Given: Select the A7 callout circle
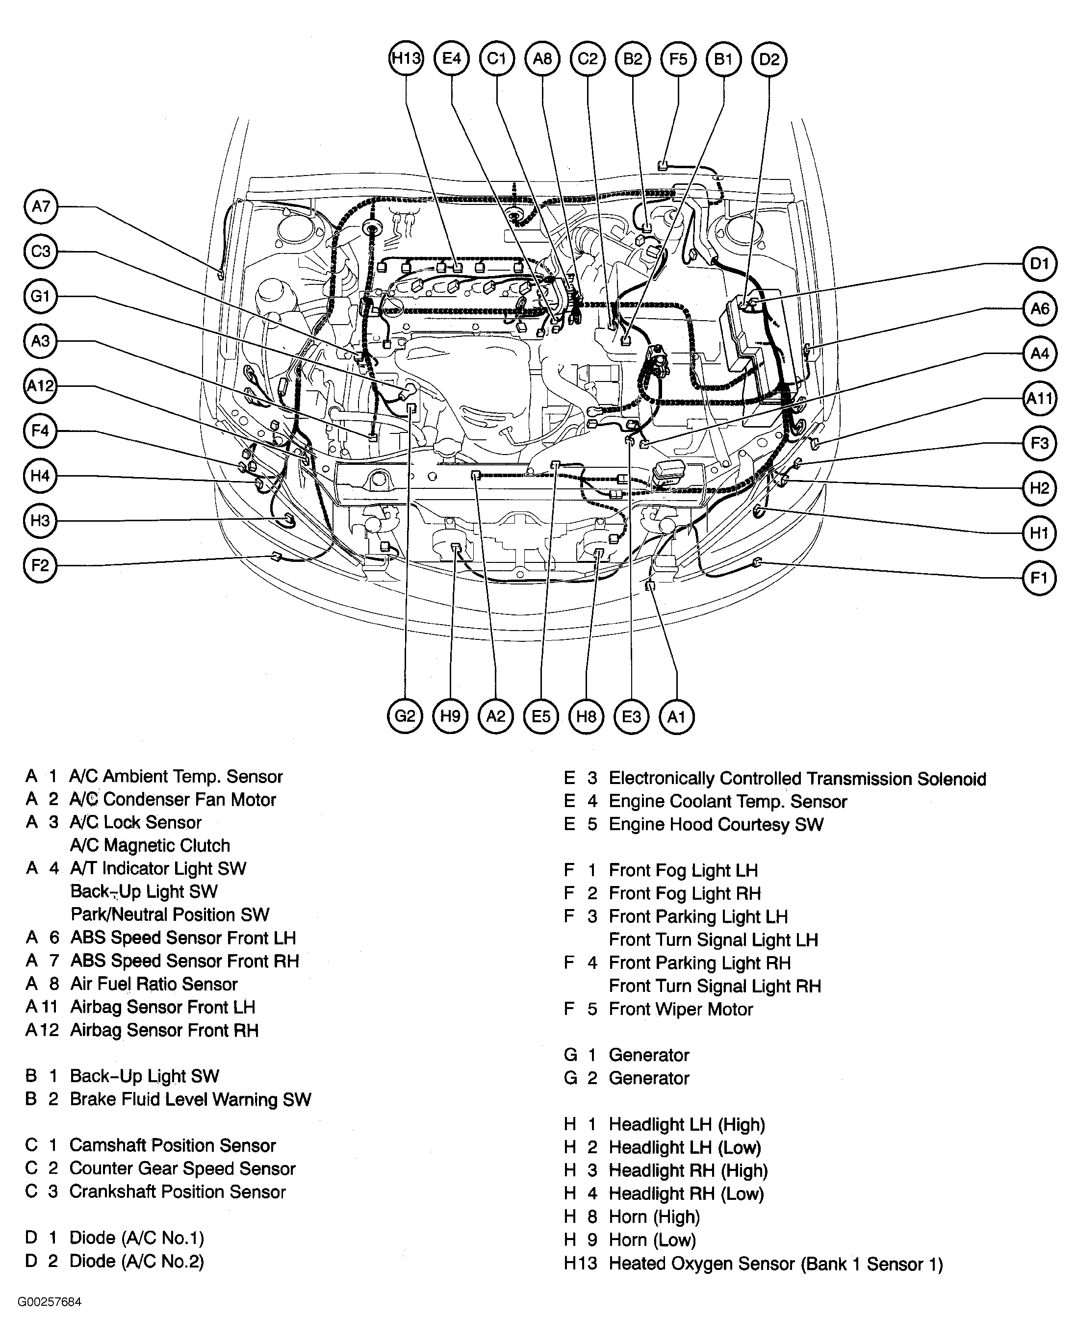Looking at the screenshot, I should pyautogui.click(x=41, y=206).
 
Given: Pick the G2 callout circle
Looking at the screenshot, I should pyautogui.click(x=405, y=716).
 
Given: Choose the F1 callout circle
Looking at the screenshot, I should pyautogui.click(x=1039, y=578).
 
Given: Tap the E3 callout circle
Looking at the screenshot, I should pyautogui.click(x=631, y=716).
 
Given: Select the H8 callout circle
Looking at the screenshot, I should pyautogui.click(x=586, y=716).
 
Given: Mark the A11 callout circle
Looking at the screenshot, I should pyautogui.click(x=1039, y=398).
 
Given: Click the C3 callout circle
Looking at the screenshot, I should pyautogui.click(x=41, y=251).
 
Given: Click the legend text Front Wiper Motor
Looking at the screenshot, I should pyautogui.click(x=680, y=1009).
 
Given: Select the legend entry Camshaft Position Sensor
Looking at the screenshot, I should pyautogui.click(x=172, y=1145).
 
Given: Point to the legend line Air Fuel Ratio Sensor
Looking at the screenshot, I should pyautogui.click(x=154, y=984).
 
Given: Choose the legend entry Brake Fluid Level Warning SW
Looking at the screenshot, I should pyautogui.click(x=190, y=1099).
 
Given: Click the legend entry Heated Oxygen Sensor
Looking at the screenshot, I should pyautogui.click(x=775, y=1264).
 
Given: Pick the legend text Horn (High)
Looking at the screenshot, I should pyautogui.click(x=654, y=1216).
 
